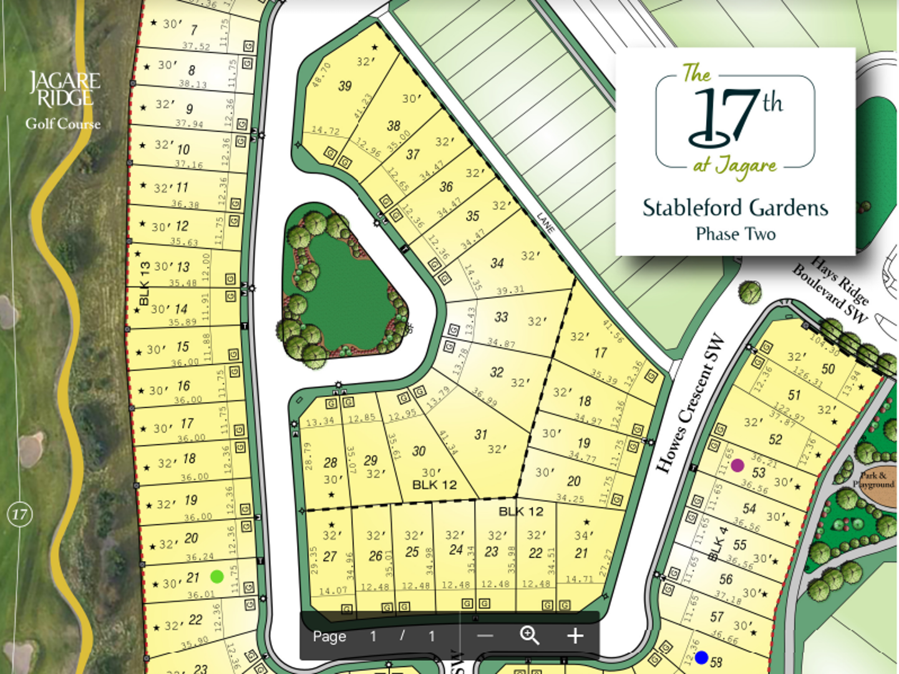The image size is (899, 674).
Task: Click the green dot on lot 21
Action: tap(216, 577)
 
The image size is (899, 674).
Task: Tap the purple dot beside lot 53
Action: tap(737, 465)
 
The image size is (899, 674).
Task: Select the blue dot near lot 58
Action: tap(701, 657)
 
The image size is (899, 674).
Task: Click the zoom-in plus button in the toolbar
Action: tap(575, 636)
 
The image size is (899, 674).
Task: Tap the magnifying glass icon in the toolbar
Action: tap(530, 635)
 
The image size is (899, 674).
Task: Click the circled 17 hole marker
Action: tap(19, 515)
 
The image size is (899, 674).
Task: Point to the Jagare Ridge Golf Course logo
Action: tap(64, 100)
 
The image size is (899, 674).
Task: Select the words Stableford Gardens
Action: tap(735, 208)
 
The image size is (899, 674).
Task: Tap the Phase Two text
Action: tap(736, 235)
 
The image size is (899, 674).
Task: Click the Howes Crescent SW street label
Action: tap(691, 404)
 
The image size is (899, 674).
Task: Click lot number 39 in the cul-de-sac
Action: tap(344, 86)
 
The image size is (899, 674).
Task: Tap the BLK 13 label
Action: tap(144, 283)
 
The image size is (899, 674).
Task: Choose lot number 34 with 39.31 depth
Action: tap(497, 263)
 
